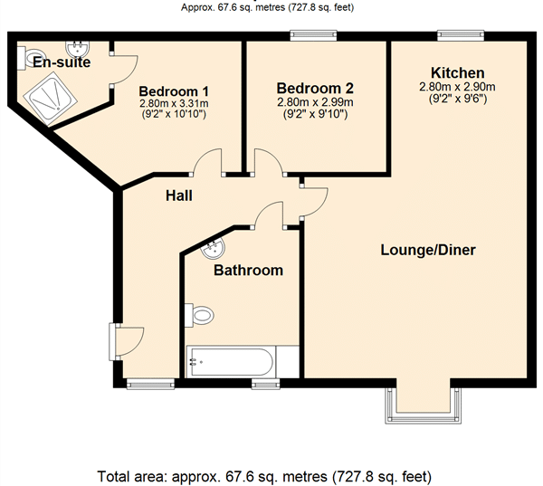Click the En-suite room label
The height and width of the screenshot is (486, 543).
[x=62, y=62]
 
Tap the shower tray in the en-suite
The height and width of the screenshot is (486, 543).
[x=51, y=98]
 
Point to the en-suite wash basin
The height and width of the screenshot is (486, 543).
[x=78, y=49]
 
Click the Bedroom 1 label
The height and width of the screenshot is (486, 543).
[x=174, y=91]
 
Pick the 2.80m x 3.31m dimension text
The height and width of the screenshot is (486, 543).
[x=174, y=103]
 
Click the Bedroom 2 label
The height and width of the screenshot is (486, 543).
[x=315, y=89]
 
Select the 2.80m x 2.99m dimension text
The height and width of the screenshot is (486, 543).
[x=315, y=102]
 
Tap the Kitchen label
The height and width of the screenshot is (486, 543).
[x=457, y=73]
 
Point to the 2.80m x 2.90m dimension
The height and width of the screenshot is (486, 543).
[x=457, y=87]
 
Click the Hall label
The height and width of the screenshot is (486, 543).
[x=178, y=195]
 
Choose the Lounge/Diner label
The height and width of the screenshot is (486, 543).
[x=428, y=250]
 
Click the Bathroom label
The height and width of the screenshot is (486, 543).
[x=248, y=271]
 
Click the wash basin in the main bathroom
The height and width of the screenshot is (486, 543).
[x=213, y=248]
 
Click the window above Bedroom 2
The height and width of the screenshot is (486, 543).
[x=313, y=35]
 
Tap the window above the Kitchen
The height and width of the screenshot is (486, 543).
[x=461, y=35]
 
